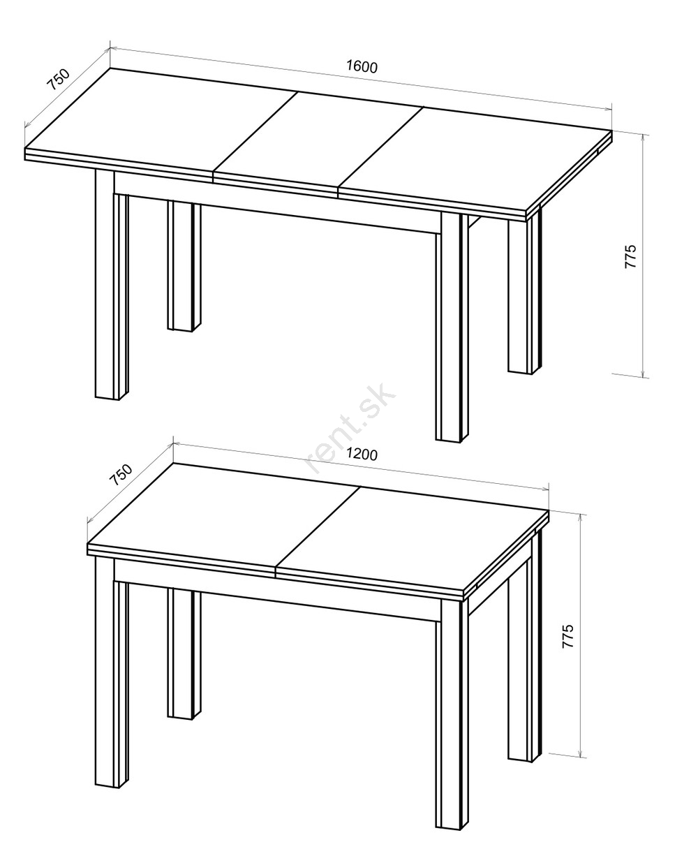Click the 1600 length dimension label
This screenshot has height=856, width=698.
[362, 66]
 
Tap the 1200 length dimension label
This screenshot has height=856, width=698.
[362, 454]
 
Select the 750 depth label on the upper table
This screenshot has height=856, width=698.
[59, 80]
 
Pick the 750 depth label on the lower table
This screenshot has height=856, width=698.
[121, 475]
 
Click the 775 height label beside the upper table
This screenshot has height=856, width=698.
[630, 256]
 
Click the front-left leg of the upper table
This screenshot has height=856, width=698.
[112, 284]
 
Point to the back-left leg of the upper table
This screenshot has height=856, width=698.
[184, 267]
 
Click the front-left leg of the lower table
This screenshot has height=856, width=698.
[112, 672]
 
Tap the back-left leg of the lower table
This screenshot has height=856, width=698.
[184, 654]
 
